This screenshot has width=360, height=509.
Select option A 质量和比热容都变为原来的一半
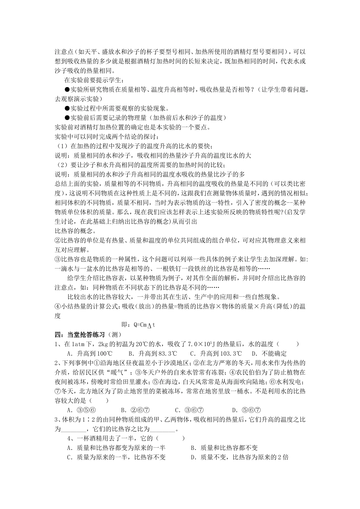(116, 448)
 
